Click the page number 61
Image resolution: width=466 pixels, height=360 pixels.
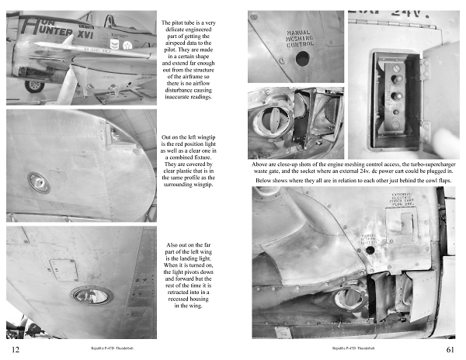(x=450, y=350)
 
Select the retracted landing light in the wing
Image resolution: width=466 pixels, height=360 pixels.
(x=92, y=295)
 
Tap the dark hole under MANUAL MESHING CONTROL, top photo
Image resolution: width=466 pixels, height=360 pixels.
(x=302, y=58)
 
